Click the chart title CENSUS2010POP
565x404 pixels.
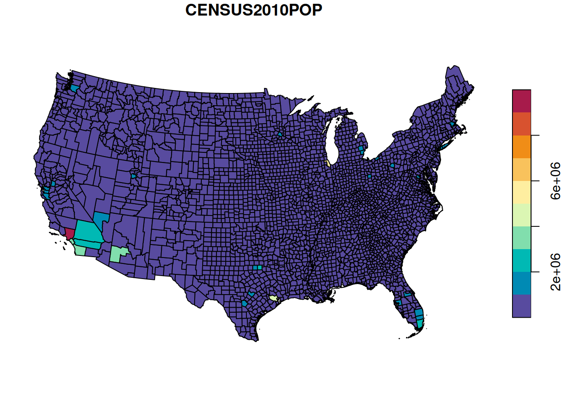[x=253, y=10]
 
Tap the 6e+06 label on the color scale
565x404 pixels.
[x=556, y=181]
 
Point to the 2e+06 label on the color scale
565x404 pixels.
[x=556, y=272]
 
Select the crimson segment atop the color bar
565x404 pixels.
[x=521, y=101]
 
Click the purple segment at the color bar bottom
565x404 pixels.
[x=521, y=306]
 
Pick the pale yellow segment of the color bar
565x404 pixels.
[x=521, y=192]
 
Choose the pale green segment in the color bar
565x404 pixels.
[x=521, y=215]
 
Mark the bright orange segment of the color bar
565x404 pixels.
[x=521, y=147]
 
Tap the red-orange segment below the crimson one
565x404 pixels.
[x=521, y=124]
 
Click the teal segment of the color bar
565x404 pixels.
[x=521, y=260]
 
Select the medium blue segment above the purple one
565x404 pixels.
[x=521, y=283]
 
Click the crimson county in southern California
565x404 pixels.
[x=70, y=234]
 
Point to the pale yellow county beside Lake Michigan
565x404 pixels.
[x=327, y=163]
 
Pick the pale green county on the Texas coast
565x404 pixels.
[x=273, y=298]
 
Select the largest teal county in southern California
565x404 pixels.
[x=88, y=231]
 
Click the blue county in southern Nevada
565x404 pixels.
[x=101, y=219]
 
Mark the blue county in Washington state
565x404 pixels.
[x=74, y=88]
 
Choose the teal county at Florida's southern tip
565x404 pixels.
[x=420, y=323]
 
